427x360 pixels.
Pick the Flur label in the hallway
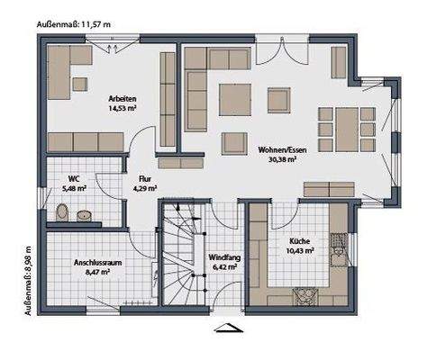pos(141,179)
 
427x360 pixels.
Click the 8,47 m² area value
pos(97,272)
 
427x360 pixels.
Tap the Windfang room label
pos(223,256)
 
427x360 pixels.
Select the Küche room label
pos(299,240)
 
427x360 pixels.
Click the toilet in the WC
pos(61,213)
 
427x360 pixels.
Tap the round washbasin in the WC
pos(84,215)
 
